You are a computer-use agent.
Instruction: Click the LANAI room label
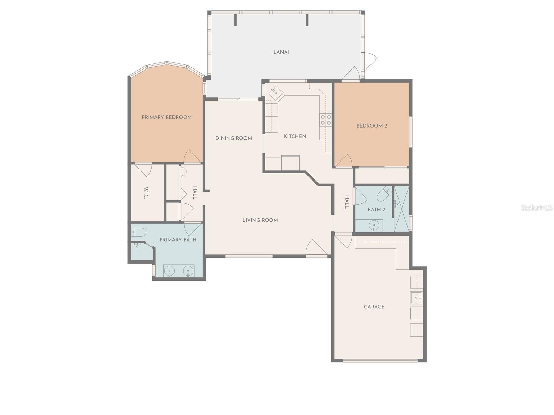click(x=281, y=52)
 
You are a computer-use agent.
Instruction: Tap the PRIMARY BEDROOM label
click(x=167, y=117)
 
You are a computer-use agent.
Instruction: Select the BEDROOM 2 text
click(x=372, y=126)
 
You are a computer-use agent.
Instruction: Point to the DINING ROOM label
click(x=234, y=138)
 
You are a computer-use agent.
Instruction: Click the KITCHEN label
click(x=295, y=136)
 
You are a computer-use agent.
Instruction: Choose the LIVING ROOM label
click(x=260, y=220)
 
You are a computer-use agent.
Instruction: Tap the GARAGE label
click(x=374, y=307)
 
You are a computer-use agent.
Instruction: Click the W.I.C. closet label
click(x=146, y=193)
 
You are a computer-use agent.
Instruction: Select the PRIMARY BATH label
click(x=178, y=240)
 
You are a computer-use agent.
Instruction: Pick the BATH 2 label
click(x=376, y=210)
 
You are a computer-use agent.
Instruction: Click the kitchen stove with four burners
click(x=325, y=120)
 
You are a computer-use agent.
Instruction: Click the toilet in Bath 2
click(x=384, y=194)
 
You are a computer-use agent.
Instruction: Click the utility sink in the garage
click(x=416, y=297)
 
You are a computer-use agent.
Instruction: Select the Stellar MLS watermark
click(x=536, y=208)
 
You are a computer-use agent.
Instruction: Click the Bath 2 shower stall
click(x=402, y=209)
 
